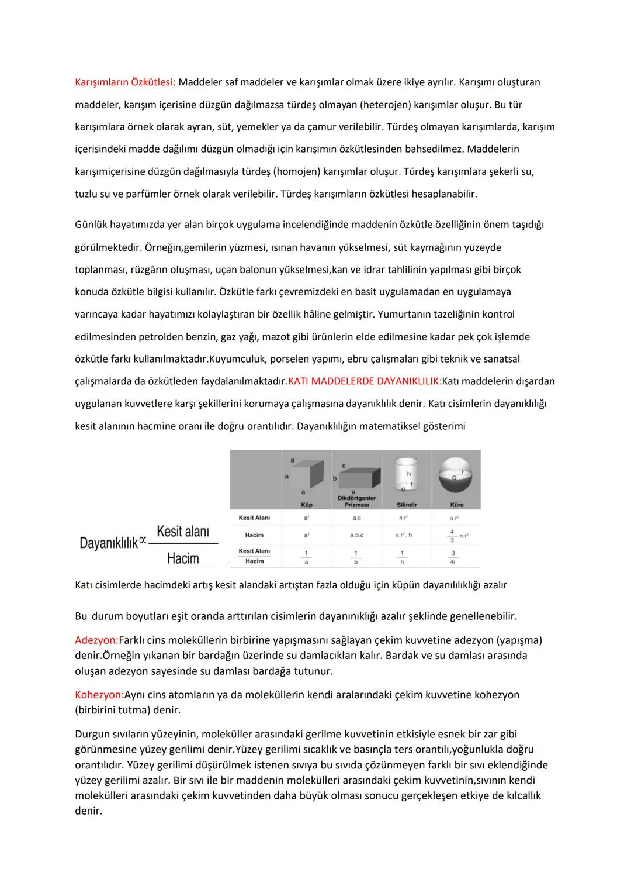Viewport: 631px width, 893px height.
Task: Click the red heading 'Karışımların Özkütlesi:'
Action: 125,82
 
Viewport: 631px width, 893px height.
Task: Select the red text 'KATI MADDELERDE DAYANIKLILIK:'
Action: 365,381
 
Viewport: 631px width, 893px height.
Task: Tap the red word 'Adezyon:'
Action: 96,640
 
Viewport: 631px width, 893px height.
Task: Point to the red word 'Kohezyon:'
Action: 99,695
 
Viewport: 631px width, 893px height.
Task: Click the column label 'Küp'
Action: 306,505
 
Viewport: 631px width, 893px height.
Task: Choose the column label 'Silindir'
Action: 407,505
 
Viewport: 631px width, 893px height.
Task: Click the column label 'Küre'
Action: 457,505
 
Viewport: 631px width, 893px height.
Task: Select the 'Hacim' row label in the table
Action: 254,535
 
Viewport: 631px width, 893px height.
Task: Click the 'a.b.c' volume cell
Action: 356,535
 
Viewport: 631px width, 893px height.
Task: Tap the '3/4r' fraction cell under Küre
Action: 453,557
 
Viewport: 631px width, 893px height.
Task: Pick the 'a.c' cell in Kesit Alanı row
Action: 356,518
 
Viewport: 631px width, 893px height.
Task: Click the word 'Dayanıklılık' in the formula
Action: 109,543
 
